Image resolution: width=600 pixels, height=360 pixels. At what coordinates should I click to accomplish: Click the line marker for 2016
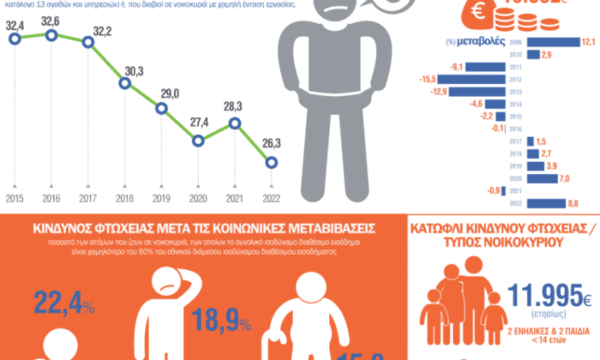click(51, 35)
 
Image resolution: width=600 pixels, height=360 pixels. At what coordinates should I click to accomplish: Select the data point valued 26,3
click(272, 162)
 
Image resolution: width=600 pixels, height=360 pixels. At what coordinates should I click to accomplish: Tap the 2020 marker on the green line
click(199, 140)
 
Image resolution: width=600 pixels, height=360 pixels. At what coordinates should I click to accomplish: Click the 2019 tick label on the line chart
click(161, 199)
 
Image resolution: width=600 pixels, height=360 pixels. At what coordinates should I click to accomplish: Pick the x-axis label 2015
click(15, 199)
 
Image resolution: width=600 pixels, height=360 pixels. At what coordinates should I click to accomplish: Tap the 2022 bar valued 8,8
click(546, 204)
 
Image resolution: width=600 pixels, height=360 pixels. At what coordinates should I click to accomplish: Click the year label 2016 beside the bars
click(516, 129)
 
